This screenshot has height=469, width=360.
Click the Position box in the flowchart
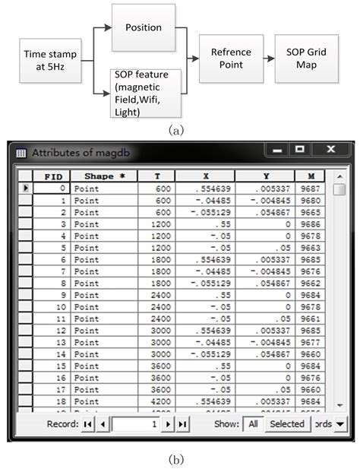[x=144, y=27]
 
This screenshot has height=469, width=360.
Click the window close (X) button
[x=330, y=151]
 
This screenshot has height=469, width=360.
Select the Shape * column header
[x=105, y=176]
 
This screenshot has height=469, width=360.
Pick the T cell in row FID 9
[x=156, y=295]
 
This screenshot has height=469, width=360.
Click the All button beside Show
[x=252, y=424]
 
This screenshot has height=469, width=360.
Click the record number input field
[x=135, y=424]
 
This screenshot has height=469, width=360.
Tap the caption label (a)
[x=178, y=130]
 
